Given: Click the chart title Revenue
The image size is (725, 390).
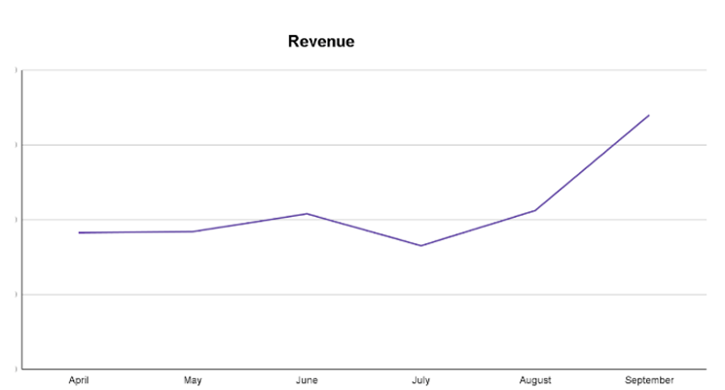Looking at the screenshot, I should click(x=321, y=42).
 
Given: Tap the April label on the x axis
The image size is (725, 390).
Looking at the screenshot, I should click(x=79, y=380).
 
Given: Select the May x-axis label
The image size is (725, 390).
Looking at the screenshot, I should click(x=193, y=380).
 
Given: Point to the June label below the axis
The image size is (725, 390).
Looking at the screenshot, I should click(x=307, y=380).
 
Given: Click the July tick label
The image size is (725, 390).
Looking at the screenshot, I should click(x=420, y=380).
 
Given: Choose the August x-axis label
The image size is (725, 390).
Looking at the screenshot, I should click(x=534, y=380).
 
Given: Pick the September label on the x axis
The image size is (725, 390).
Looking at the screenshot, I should click(x=648, y=380).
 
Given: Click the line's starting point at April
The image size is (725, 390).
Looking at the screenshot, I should click(x=79, y=232).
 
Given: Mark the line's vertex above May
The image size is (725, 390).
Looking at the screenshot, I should click(x=193, y=231).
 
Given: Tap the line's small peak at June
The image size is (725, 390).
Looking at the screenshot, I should click(x=307, y=213).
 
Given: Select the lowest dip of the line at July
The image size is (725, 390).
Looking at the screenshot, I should click(x=420, y=245).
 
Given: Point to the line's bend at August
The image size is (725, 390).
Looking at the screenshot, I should click(x=534, y=210).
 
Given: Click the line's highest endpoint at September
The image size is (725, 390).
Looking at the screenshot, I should click(x=648, y=115).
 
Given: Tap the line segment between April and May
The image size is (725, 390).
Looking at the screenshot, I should click(x=136, y=232).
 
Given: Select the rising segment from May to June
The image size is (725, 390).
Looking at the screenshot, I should click(x=250, y=222).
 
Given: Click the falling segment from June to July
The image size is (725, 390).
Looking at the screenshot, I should click(x=364, y=230).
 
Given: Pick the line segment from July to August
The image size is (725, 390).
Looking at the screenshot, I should click(x=477, y=228).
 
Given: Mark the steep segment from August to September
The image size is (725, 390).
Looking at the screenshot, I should click(x=592, y=162).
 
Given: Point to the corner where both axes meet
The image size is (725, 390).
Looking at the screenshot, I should click(x=21, y=369).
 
